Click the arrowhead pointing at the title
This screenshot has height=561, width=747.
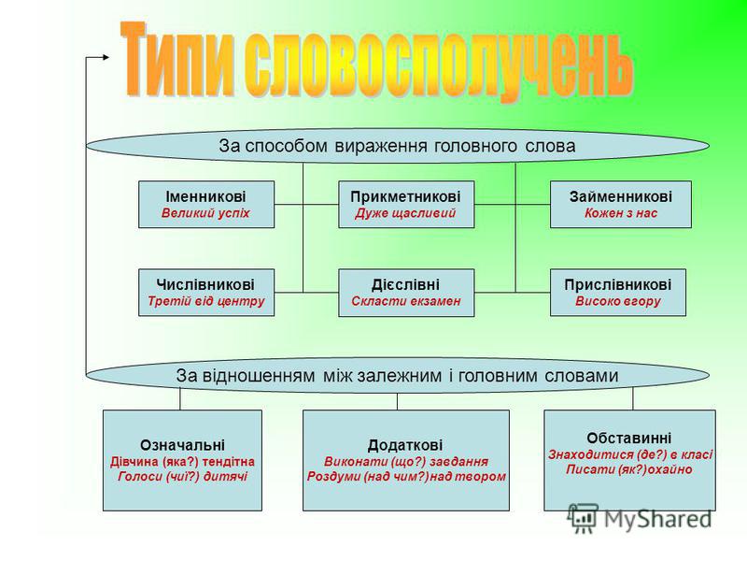click(106, 57)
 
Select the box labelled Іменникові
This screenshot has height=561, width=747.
click(206, 204)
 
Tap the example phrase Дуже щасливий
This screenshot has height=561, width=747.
click(405, 213)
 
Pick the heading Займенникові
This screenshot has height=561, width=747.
click(620, 196)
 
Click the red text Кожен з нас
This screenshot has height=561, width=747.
click(620, 213)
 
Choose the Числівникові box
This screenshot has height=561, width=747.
click(206, 293)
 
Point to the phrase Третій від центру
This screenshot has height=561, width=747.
click(205, 301)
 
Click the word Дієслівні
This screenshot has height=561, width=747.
click(405, 285)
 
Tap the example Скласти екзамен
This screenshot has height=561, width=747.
click(406, 301)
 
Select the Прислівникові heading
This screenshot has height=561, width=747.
click(618, 285)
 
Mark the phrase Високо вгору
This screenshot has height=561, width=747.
click(618, 301)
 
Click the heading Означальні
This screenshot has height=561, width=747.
click(182, 445)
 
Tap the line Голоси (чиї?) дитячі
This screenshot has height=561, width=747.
click(182, 477)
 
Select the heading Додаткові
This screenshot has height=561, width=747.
click(405, 445)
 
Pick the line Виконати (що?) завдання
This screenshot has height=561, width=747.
click(406, 462)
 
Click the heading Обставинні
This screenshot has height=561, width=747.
click(628, 438)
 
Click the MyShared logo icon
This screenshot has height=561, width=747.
click(582, 518)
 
